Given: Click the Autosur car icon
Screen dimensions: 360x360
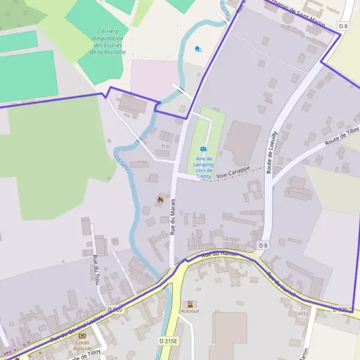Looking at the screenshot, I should pyautogui.click(x=190, y=304).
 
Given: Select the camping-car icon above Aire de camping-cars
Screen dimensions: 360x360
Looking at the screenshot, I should pyautogui.click(x=203, y=149).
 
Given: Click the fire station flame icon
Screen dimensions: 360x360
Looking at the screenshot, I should pyautogui.click(x=160, y=199).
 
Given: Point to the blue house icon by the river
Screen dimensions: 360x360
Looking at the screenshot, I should pyautogui.click(x=198, y=49).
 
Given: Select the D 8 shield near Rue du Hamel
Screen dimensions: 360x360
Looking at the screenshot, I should pyautogui.click(x=263, y=245).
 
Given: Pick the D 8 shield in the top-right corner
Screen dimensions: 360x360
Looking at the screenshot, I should pyautogui.click(x=343, y=26).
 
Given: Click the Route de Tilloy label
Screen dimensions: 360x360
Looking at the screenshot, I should pyautogui.click(x=342, y=136).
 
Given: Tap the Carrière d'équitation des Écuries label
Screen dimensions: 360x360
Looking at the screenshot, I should pyautogui.click(x=108, y=41).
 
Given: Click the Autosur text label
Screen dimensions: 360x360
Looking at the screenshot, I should pyautogui.click(x=190, y=311).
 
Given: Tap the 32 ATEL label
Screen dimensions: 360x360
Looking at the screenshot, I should pyautogui.click(x=304, y=310).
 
